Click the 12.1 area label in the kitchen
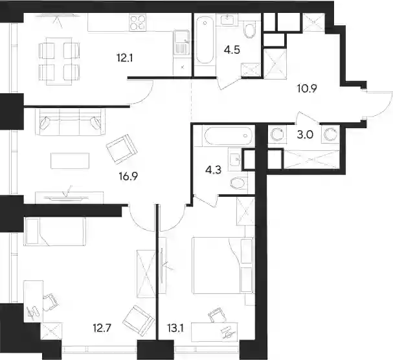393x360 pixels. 124,58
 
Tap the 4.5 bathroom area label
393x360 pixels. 232,50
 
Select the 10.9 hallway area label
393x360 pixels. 307,89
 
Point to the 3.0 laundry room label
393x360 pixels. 305,135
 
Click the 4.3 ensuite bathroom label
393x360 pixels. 213,170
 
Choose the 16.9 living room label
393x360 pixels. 128,177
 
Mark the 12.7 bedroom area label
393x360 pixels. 102,328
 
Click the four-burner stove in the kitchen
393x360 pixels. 138,22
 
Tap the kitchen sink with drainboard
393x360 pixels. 181,42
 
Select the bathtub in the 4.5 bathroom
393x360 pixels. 205,41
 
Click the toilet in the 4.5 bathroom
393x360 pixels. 249,30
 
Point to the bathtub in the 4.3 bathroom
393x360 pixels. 228,136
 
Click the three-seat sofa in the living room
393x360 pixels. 71,122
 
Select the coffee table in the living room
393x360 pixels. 70,161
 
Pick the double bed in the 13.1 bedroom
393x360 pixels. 223,265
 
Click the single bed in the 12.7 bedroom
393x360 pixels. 55,232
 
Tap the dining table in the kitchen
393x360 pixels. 60,62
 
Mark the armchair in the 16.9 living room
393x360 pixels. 122,150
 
